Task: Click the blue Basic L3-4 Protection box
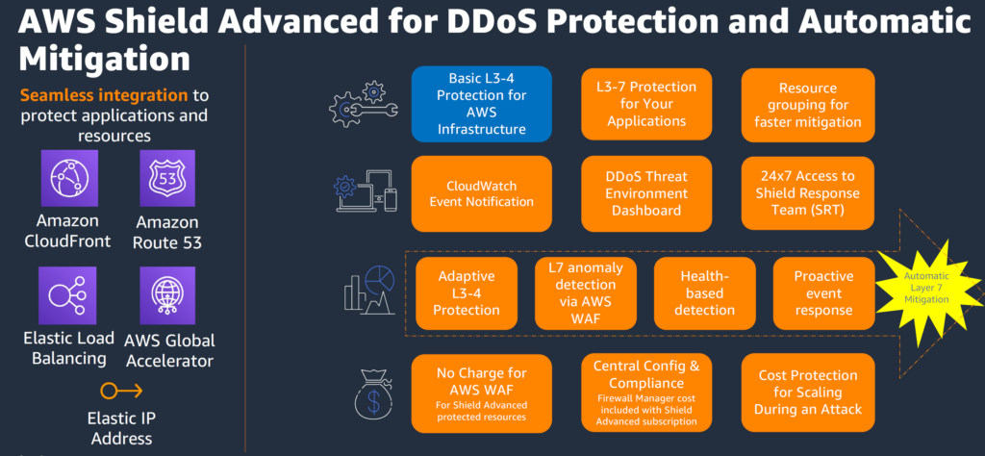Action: (481, 102)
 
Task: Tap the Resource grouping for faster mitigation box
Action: (807, 102)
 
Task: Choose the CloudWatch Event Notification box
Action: (481, 192)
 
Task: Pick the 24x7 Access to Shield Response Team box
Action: (807, 192)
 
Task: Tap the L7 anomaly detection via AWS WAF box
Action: (586, 291)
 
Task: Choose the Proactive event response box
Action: (823, 291)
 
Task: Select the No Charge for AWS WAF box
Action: (481, 392)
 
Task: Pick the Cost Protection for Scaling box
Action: (807, 392)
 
